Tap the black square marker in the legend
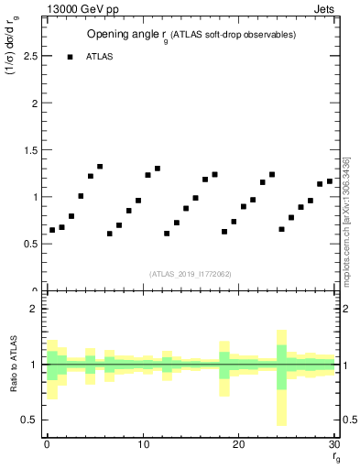[70, 57]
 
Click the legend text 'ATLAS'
[100, 57]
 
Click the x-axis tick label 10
[143, 444]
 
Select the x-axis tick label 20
[239, 444]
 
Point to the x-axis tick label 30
[334, 444]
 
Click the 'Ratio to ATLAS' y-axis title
[13, 364]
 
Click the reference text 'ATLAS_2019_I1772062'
[190, 274]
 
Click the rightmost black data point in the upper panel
[330, 181]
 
